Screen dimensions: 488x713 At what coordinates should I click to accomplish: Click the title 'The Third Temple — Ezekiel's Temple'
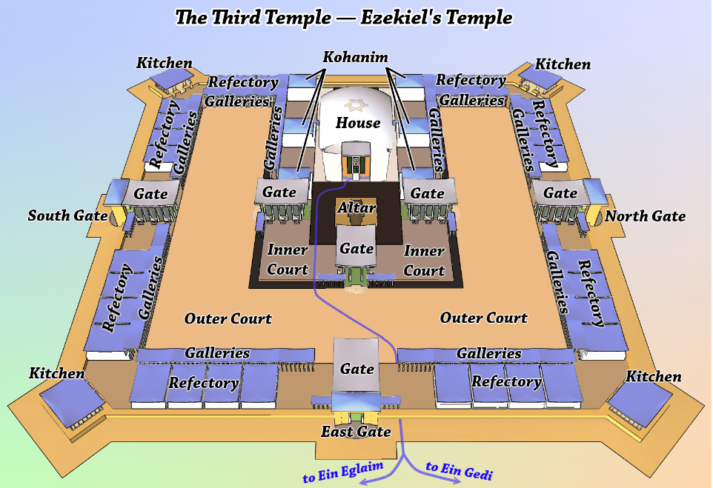tap(343, 17)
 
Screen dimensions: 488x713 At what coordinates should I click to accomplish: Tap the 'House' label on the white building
tap(357, 123)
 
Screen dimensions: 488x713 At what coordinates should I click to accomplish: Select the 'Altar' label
tap(356, 208)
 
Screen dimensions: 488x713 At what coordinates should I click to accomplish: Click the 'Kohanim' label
tap(356, 58)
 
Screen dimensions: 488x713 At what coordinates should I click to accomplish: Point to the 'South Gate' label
tap(64, 216)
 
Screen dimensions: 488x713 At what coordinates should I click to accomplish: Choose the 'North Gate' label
tap(645, 217)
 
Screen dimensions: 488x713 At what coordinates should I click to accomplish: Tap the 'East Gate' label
tap(356, 432)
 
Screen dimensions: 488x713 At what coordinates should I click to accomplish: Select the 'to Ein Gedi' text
tap(460, 471)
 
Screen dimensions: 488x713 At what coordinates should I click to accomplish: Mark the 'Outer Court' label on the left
tap(228, 319)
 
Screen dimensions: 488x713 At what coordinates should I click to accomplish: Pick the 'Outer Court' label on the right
tap(484, 318)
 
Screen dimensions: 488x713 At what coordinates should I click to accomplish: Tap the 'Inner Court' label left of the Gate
tap(288, 260)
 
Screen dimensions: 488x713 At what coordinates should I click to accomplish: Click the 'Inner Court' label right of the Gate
tap(424, 261)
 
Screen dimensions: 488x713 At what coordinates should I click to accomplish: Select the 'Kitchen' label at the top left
tap(165, 64)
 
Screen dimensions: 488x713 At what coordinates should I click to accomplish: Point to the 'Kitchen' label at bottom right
tap(653, 377)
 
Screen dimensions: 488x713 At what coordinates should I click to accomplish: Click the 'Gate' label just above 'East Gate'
tap(356, 368)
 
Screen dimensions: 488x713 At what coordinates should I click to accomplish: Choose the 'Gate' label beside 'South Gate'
tap(156, 193)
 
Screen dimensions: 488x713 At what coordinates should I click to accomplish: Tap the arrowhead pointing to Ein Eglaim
tap(364, 482)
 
